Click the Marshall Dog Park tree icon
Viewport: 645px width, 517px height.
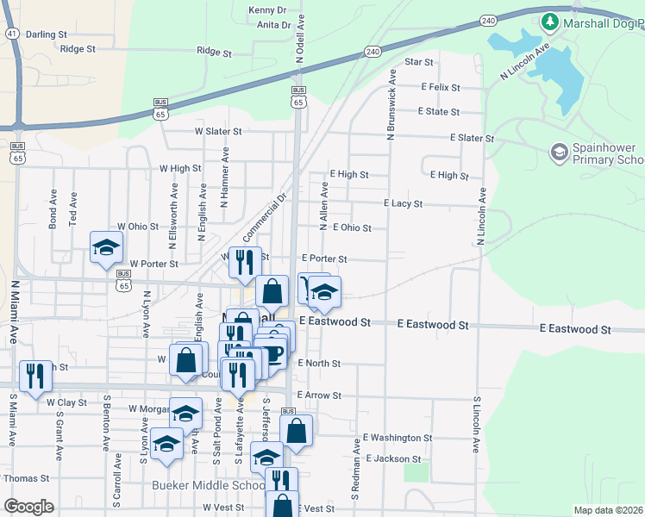click(x=549, y=21)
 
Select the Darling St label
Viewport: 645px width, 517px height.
click(x=47, y=34)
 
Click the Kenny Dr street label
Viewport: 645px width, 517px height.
click(x=266, y=9)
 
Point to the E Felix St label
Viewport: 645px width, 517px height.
click(x=441, y=87)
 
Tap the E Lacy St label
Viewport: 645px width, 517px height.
click(x=403, y=204)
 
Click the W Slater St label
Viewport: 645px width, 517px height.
click(x=217, y=131)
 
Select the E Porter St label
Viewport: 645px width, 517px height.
click(x=324, y=258)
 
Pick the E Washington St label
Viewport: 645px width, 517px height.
click(x=397, y=438)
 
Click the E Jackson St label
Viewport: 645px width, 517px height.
click(x=393, y=459)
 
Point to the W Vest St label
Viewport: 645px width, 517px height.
click(x=224, y=508)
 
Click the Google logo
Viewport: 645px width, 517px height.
click(x=28, y=507)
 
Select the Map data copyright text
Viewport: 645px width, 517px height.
click(x=609, y=510)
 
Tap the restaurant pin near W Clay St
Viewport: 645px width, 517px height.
click(x=35, y=376)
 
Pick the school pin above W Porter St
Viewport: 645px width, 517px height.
click(x=106, y=248)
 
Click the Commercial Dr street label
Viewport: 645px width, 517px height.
click(x=263, y=218)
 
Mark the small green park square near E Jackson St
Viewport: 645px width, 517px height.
click(x=416, y=472)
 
